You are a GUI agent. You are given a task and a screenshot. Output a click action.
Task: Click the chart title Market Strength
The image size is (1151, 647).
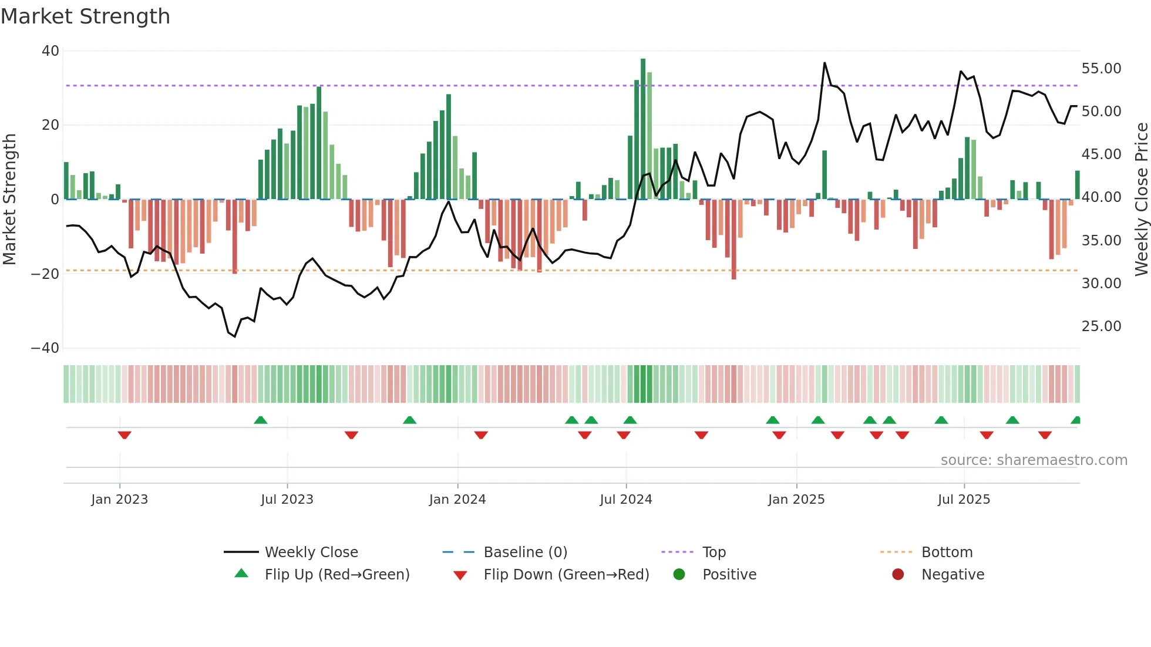click(x=85, y=16)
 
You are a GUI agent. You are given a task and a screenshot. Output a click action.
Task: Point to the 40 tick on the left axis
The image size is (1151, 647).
click(x=51, y=51)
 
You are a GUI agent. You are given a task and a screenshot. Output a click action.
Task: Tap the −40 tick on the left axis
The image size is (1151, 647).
click(x=46, y=348)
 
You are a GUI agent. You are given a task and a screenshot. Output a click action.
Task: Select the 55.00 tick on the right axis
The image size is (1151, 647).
click(x=1101, y=69)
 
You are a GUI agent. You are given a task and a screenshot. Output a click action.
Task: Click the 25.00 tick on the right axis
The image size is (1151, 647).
click(x=1101, y=326)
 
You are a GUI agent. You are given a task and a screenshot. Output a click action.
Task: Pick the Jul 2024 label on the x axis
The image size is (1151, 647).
click(x=626, y=500)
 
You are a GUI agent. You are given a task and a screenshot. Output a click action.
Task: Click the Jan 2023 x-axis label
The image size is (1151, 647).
click(x=120, y=500)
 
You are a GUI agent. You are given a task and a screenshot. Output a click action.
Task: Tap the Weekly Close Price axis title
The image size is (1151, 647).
click(x=1141, y=200)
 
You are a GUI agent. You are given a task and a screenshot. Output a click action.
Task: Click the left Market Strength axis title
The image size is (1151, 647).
click(x=10, y=200)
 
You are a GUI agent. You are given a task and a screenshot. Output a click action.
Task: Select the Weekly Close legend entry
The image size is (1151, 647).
click(x=311, y=552)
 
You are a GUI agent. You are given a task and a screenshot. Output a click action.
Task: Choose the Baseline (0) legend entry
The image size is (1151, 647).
click(x=525, y=552)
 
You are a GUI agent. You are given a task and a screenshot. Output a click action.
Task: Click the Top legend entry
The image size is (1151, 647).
click(x=714, y=552)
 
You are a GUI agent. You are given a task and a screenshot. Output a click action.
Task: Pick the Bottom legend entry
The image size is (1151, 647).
click(x=947, y=552)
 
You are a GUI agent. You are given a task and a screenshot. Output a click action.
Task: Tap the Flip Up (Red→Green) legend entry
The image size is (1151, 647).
click(x=337, y=575)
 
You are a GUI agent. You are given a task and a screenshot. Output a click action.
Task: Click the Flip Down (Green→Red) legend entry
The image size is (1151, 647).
click(x=566, y=575)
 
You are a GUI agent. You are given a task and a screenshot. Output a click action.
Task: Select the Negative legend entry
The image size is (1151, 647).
click(x=953, y=575)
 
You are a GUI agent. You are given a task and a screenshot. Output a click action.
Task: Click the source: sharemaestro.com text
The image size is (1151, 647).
click(x=1034, y=460)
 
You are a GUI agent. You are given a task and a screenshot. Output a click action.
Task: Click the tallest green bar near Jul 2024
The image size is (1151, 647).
click(x=643, y=129)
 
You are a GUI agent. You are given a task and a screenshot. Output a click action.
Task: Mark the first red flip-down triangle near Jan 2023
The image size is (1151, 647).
click(x=124, y=435)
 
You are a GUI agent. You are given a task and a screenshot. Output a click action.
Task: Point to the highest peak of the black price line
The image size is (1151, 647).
click(x=824, y=63)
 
